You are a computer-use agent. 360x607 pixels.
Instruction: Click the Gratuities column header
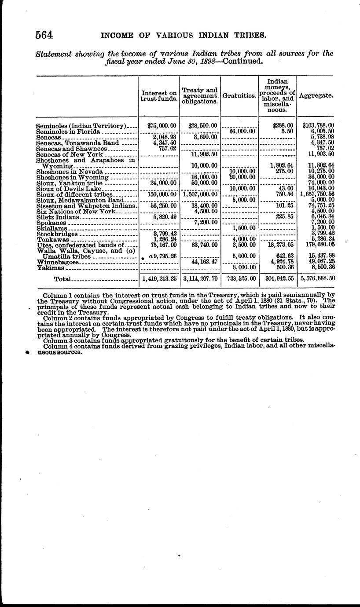point(239,95)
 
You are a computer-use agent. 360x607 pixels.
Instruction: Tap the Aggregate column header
point(316,95)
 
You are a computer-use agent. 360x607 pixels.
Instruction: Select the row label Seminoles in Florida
point(69,131)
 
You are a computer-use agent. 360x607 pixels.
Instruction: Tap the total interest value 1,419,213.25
point(159,279)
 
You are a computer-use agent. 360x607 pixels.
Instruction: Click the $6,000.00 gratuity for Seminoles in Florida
point(240,131)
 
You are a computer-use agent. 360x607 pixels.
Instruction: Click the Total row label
point(62,279)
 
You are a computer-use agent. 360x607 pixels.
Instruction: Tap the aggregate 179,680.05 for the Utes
point(317,245)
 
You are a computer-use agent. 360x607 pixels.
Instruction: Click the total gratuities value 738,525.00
point(239,279)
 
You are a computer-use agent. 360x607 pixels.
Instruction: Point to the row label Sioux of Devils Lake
point(69,188)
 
